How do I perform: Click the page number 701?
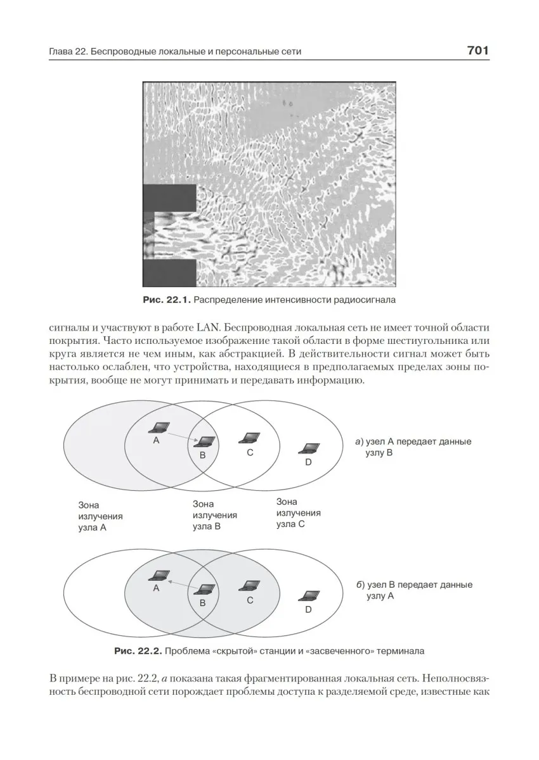point(477,51)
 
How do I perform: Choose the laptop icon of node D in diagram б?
point(309,596)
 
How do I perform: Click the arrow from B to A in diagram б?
point(181,582)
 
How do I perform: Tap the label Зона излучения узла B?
point(214,515)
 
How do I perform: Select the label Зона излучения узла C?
point(298,512)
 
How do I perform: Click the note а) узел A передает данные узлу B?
point(413,447)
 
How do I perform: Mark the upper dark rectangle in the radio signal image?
point(169,197)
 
